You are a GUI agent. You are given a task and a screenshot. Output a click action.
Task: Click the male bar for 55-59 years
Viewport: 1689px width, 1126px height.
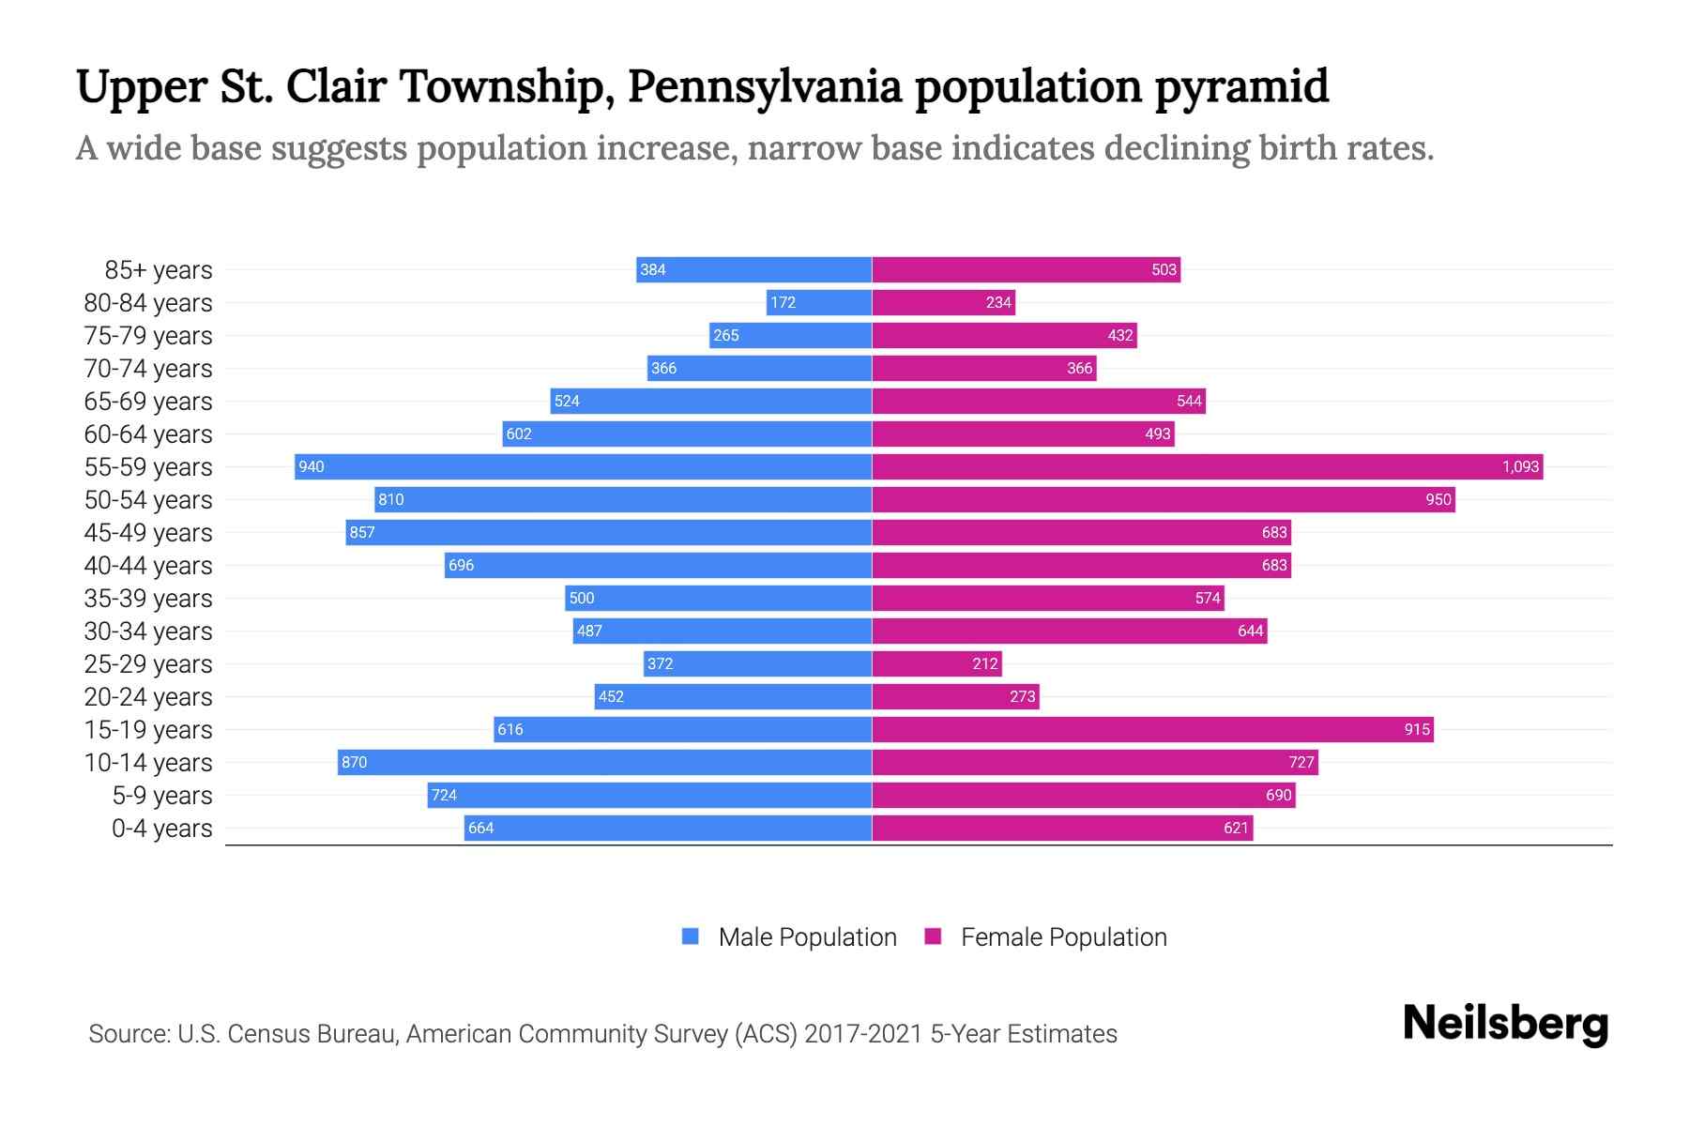(x=583, y=466)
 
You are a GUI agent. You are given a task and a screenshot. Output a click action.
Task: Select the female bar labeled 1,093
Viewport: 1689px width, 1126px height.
(x=1208, y=466)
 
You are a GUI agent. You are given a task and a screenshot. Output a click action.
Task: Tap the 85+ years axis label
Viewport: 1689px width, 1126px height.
(x=159, y=270)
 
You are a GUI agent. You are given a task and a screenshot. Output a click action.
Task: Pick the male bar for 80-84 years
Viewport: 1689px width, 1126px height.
(x=819, y=302)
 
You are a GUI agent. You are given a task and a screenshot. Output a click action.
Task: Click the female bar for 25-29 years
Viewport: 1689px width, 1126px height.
(x=936, y=663)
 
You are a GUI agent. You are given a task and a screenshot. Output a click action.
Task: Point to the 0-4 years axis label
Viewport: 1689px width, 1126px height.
(x=162, y=829)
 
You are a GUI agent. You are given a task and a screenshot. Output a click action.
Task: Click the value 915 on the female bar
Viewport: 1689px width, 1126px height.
(x=1417, y=729)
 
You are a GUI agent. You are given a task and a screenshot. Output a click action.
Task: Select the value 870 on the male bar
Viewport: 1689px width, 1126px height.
(x=355, y=762)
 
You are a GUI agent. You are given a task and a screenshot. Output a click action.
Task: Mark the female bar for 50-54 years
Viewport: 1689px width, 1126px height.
(x=1164, y=499)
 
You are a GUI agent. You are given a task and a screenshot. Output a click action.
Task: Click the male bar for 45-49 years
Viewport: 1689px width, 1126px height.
(x=608, y=532)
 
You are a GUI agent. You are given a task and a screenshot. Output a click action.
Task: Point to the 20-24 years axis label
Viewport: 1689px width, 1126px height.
(x=148, y=697)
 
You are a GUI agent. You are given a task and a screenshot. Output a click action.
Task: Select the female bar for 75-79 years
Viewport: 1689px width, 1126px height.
(x=1004, y=335)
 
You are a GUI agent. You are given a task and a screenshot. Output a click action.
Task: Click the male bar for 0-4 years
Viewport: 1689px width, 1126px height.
(x=668, y=828)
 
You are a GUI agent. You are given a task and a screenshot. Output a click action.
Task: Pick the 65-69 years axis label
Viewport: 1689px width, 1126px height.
(x=148, y=402)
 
